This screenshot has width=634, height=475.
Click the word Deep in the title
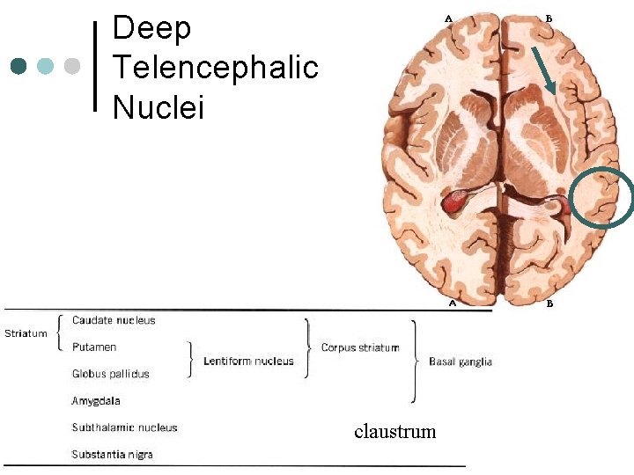pyautogui.click(x=151, y=28)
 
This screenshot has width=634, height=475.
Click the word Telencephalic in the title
pyautogui.click(x=215, y=68)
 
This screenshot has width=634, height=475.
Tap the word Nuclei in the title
pyautogui.click(x=158, y=107)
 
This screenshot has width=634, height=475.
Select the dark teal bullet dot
pyautogui.click(x=20, y=66)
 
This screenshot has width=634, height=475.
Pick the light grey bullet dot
pyautogui.click(x=73, y=66)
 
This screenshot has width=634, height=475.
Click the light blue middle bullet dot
pyautogui.click(x=47, y=66)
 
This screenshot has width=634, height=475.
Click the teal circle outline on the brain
pyautogui.click(x=601, y=196)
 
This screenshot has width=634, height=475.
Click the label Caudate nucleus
pyautogui.click(x=114, y=320)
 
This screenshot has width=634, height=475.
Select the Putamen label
pyautogui.click(x=94, y=347)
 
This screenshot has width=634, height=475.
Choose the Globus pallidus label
pyautogui.click(x=111, y=374)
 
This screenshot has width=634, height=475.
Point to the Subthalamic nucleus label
pyautogui.click(x=124, y=427)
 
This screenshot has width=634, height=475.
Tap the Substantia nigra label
pyautogui.click(x=113, y=455)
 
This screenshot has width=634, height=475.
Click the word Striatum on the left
pyautogui.click(x=26, y=333)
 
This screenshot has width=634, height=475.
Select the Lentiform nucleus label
pyautogui.click(x=248, y=361)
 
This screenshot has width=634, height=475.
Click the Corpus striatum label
pyautogui.click(x=360, y=347)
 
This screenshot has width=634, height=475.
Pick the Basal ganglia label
pyautogui.click(x=461, y=362)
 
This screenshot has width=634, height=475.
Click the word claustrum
pyautogui.click(x=395, y=431)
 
